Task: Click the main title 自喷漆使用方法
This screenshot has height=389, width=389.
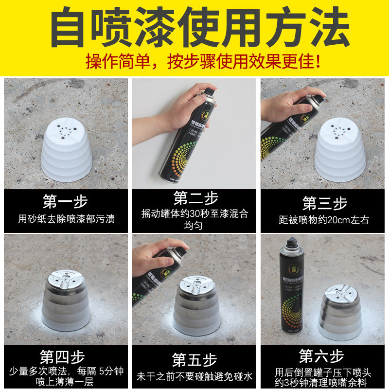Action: pos(194,27)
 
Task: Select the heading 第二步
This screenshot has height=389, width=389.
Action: pos(195,198)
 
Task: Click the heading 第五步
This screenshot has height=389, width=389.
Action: pos(195,360)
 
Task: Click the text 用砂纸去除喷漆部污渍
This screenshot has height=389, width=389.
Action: pos(66,219)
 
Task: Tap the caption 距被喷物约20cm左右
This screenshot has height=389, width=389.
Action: pos(323,220)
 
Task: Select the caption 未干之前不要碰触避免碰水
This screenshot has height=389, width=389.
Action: pos(194,376)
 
